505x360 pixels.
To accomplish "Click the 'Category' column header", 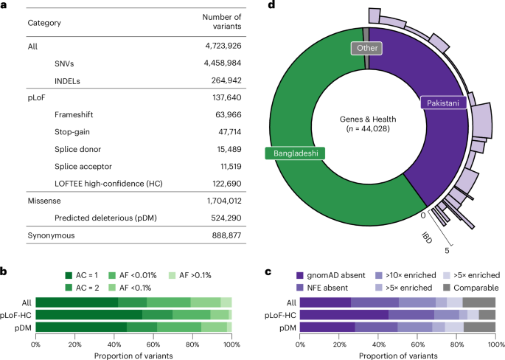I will (x=44, y=22).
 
